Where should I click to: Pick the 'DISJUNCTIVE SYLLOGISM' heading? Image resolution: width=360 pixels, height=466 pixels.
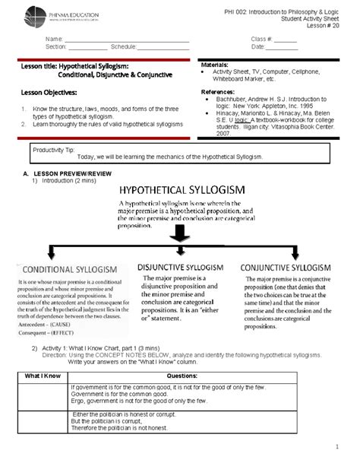(x=181, y=267)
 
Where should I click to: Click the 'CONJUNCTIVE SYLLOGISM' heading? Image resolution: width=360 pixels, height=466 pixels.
(x=285, y=268)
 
